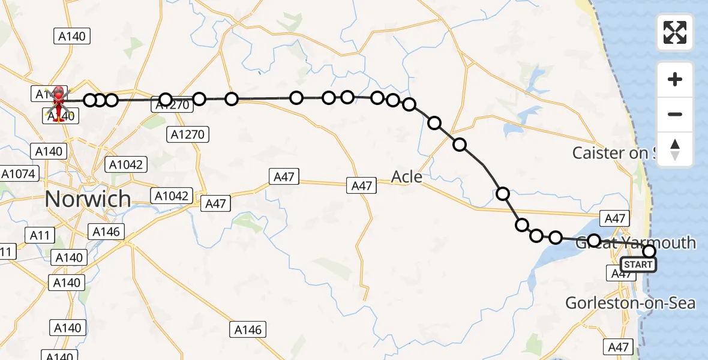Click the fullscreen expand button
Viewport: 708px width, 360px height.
coord(675,32)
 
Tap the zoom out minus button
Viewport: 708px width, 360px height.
coord(675,114)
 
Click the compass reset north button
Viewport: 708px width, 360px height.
coord(675,149)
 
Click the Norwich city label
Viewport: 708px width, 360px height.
coord(88,199)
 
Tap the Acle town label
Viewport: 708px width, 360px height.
coord(406,177)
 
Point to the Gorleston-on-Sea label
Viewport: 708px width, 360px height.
coord(630,303)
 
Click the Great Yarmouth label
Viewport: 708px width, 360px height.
coord(636,243)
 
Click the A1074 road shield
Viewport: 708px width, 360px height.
coord(19,174)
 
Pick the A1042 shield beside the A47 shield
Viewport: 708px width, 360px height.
coord(172,196)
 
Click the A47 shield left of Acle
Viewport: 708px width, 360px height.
coord(284,176)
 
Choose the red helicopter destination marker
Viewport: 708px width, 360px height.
coord(59,102)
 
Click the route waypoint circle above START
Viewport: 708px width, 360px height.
coord(649,251)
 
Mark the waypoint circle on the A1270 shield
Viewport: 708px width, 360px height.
coord(166,100)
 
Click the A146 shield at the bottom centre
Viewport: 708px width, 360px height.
coord(248,329)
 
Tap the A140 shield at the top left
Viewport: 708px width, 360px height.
coord(72,36)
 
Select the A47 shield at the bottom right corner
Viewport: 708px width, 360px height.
coord(618,347)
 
